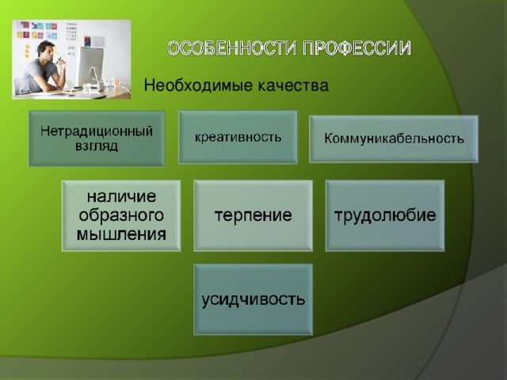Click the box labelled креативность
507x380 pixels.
238,136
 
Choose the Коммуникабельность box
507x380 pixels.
394,139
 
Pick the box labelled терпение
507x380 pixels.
253,215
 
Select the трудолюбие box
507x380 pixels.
385,215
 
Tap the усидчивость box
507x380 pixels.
253,299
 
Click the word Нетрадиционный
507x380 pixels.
97,131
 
